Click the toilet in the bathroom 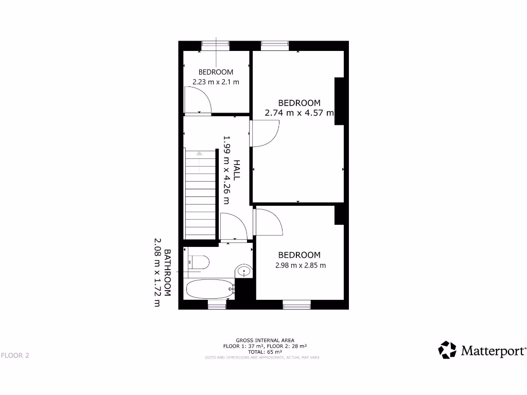pyautogui.click(x=199, y=262)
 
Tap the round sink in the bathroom pyautogui.click(x=244, y=271)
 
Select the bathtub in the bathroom pyautogui.click(x=208, y=290)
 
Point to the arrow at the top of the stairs pyautogui.click(x=199, y=154)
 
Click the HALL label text pyautogui.click(x=237, y=169)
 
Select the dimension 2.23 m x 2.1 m pyautogui.click(x=216, y=82)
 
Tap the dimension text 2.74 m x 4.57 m pyautogui.click(x=299, y=113)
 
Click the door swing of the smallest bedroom pyautogui.click(x=198, y=100)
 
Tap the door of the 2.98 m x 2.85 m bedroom pyautogui.click(x=269, y=222)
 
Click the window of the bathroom pyautogui.click(x=217, y=306)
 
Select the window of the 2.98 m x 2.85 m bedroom pyautogui.click(x=297, y=306)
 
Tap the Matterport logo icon pyautogui.click(x=447, y=350)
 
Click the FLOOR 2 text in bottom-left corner pyautogui.click(x=15, y=355)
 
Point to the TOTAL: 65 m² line pyautogui.click(x=265, y=352)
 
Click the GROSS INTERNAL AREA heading pyautogui.click(x=265, y=340)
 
